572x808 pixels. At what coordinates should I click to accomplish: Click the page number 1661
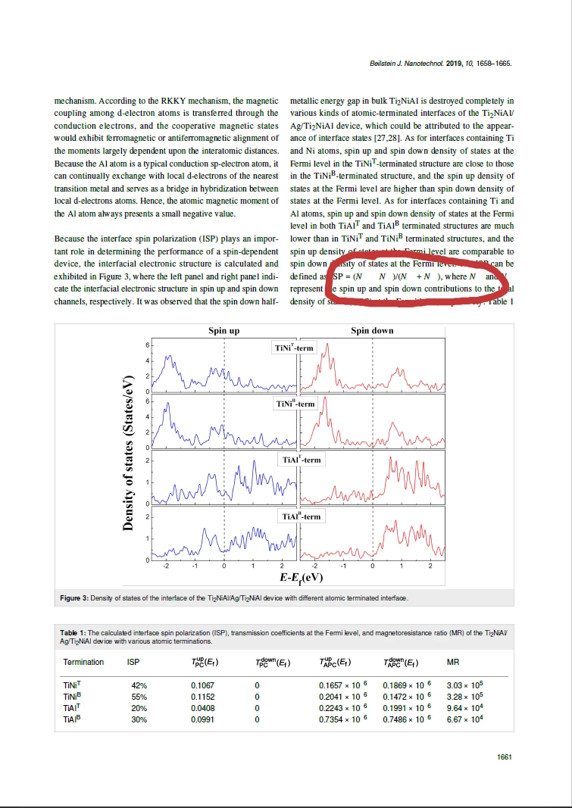[x=504, y=757]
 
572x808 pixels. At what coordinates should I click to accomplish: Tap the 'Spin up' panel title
[x=223, y=331]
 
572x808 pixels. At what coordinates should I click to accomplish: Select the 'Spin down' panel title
[x=372, y=331]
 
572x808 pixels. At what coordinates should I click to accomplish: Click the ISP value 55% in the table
[x=139, y=696]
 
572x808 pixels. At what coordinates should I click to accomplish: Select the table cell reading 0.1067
[x=204, y=685]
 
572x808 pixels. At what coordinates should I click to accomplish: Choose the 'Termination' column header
[x=83, y=663]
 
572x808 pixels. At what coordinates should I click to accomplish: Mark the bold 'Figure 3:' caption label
[x=75, y=599]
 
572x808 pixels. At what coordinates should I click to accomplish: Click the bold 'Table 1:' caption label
[x=73, y=632]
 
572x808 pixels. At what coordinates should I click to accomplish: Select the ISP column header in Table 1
[x=133, y=663]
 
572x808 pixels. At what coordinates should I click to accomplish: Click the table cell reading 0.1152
[x=204, y=696]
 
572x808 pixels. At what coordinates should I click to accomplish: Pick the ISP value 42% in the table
[x=139, y=685]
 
